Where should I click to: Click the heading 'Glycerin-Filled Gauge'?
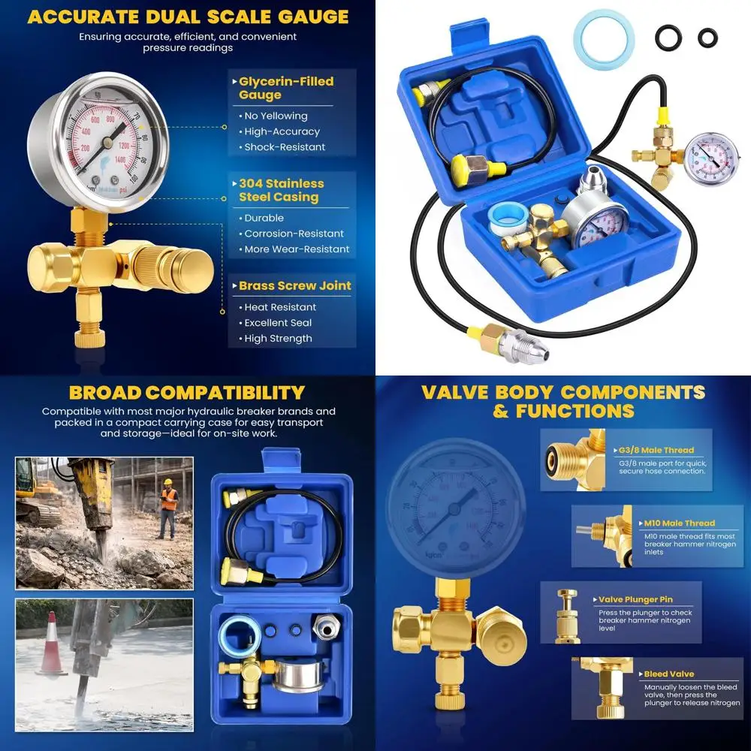pyautogui.click(x=286, y=88)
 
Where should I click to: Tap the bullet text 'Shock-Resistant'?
pyautogui.click(x=285, y=147)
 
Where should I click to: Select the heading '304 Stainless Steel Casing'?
pyautogui.click(x=282, y=190)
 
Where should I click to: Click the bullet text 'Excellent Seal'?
pyautogui.click(x=278, y=323)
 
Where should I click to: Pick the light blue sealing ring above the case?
pyautogui.click(x=604, y=39)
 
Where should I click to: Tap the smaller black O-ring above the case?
pyautogui.click(x=707, y=38)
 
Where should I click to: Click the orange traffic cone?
pyautogui.click(x=51, y=644)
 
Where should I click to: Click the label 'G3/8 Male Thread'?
pyautogui.click(x=657, y=450)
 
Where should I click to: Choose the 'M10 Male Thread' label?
pyautogui.click(x=679, y=523)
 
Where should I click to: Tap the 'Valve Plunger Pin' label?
pyautogui.click(x=635, y=600)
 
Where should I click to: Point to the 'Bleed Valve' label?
pyautogui.click(x=668, y=674)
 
